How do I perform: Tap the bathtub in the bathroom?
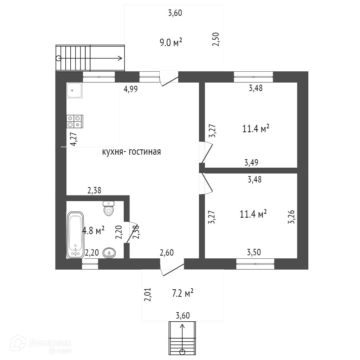[76, 234]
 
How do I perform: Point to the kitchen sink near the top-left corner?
[74, 90]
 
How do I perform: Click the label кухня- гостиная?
[131, 152]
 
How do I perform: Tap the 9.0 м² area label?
[171, 43]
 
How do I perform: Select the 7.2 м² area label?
[183, 293]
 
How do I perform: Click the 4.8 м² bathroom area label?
[93, 231]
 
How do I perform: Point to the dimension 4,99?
[130, 89]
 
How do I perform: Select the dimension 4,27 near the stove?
[73, 139]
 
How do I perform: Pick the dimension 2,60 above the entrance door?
[167, 252]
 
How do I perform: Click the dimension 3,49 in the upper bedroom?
[251, 162]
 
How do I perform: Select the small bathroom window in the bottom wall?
[90, 264]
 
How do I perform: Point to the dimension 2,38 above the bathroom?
[95, 191]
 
